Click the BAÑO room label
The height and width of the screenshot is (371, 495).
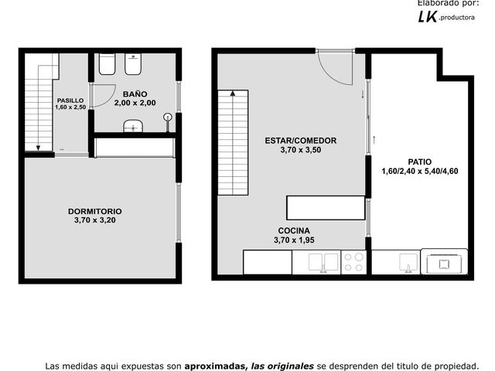click(x=135, y=94)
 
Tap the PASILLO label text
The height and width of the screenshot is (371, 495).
click(x=70, y=100)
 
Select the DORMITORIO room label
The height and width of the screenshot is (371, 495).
click(x=95, y=211)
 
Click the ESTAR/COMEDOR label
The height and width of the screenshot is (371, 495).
click(x=301, y=141)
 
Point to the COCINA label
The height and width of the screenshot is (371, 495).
click(x=294, y=230)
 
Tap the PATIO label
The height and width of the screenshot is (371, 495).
click(x=419, y=162)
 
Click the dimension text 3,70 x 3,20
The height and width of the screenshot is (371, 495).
click(x=95, y=220)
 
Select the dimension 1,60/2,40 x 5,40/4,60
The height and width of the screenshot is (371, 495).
click(x=420, y=171)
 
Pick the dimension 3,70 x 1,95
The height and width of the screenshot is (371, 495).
click(x=294, y=240)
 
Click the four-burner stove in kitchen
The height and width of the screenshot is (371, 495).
click(x=353, y=262)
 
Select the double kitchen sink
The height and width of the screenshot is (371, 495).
click(x=323, y=263)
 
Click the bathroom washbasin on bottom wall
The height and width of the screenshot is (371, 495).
click(x=133, y=126)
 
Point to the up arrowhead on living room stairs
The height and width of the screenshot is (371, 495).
click(x=233, y=93)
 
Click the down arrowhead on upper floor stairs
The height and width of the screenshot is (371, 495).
click(x=38, y=148)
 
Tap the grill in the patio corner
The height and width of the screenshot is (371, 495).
click(x=444, y=262)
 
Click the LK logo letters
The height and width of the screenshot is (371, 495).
click(x=428, y=16)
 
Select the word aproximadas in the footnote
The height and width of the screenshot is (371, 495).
click(x=214, y=366)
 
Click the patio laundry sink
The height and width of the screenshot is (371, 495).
click(x=408, y=263)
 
